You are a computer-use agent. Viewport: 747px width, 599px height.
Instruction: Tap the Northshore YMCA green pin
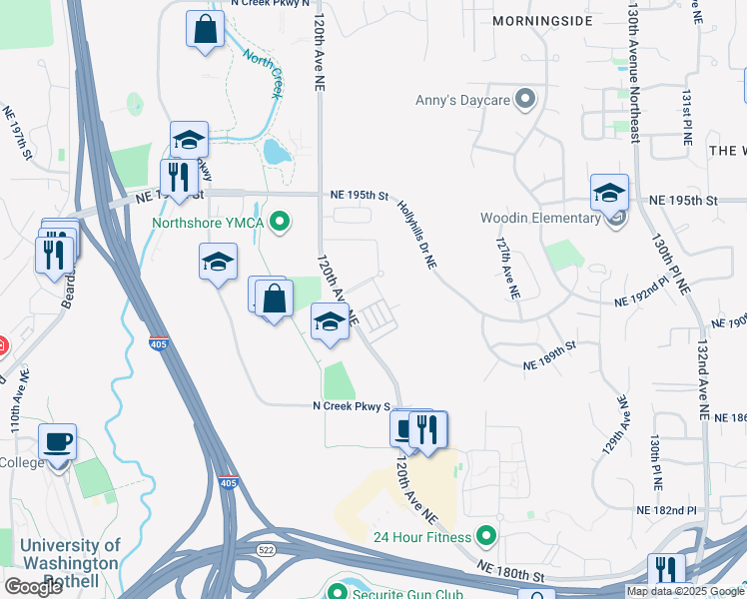point(281,222)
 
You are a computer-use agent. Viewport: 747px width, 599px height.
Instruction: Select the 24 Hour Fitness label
point(421,537)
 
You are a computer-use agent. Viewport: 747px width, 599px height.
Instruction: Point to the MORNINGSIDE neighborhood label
point(542,20)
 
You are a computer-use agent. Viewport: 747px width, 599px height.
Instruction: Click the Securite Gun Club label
point(407,594)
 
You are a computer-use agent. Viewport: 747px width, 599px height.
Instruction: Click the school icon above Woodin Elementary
point(609,192)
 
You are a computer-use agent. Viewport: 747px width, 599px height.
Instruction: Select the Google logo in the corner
point(33,587)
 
